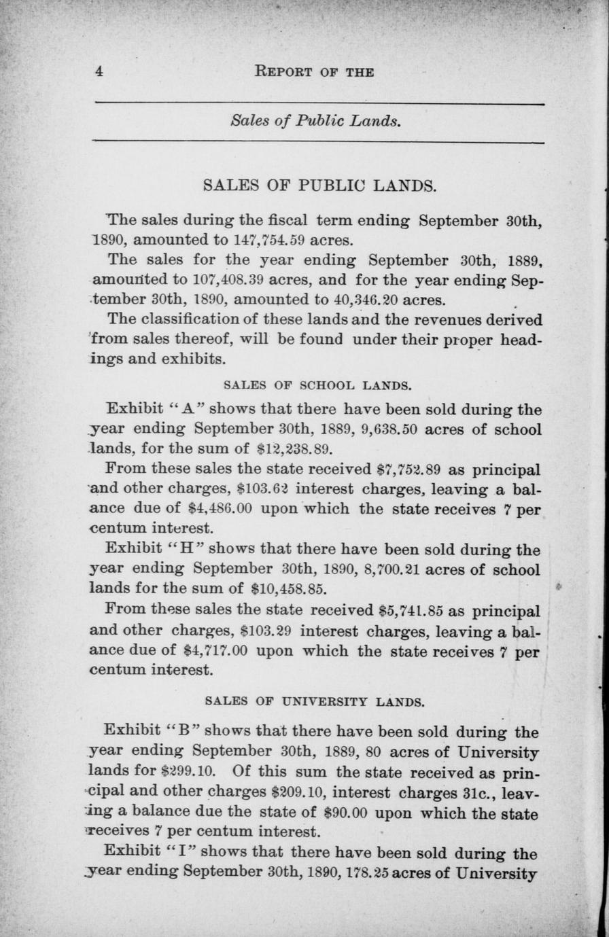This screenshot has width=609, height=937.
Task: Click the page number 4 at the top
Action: [x=99, y=71]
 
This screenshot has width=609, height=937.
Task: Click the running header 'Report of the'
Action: [x=314, y=71]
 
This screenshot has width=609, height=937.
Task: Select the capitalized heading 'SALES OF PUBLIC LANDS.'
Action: [x=320, y=185]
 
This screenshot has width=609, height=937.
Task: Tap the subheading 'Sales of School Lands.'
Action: [x=317, y=385]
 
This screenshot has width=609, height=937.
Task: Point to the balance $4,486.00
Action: [x=219, y=509]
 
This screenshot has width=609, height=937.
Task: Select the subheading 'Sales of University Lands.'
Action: [x=315, y=701]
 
